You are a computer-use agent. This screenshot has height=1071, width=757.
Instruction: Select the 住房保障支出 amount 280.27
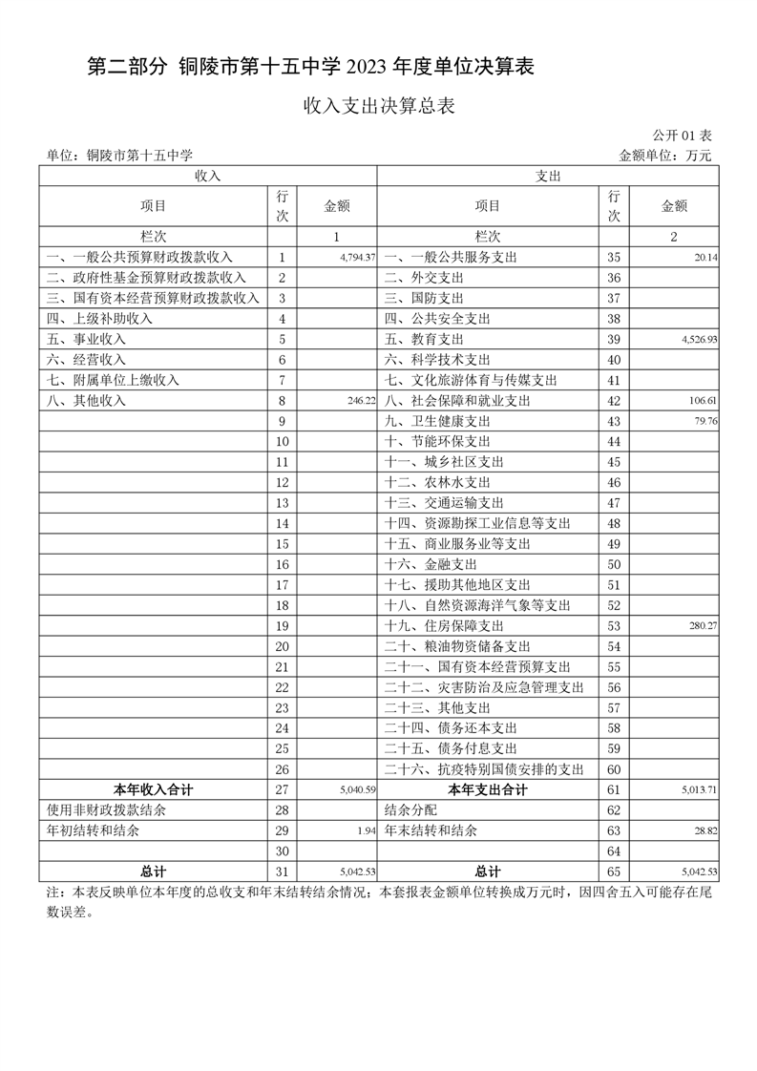click(x=701, y=626)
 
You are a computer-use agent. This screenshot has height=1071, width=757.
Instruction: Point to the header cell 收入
click(x=207, y=177)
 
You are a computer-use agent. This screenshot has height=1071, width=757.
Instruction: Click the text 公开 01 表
click(x=683, y=136)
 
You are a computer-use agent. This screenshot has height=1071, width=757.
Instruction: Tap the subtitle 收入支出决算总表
click(x=378, y=106)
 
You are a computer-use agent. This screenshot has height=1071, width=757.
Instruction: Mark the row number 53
click(x=614, y=626)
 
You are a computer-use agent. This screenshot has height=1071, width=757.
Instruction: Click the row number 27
click(x=282, y=789)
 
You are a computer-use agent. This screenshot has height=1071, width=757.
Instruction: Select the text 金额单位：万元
click(x=665, y=156)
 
